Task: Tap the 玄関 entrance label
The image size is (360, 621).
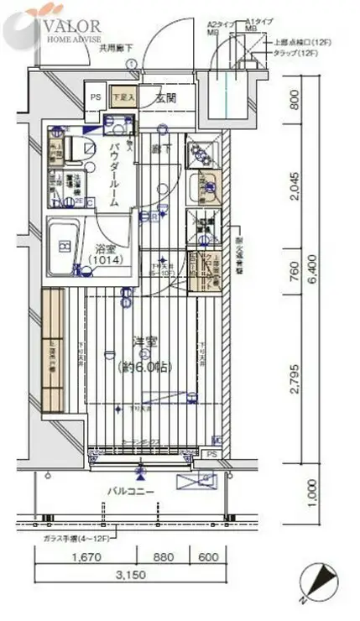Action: click(166, 98)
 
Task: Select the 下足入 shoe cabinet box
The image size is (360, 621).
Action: click(123, 97)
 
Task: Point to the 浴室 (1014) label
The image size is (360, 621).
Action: click(107, 253)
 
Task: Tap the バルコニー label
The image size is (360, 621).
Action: click(128, 491)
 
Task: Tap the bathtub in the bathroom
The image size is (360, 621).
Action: click(65, 248)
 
